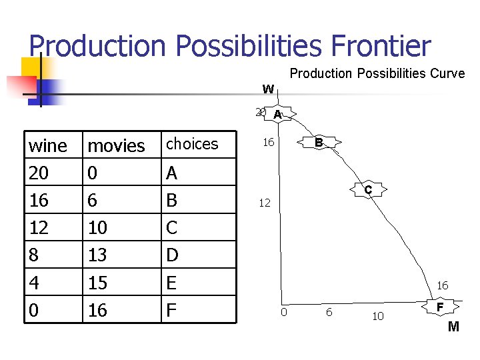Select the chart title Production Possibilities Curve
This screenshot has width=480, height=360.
click(377, 74)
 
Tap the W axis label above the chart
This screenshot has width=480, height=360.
click(268, 89)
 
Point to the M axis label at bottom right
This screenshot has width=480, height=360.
click(453, 327)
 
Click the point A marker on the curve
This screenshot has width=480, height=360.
click(277, 115)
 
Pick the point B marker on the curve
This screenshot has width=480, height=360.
click(319, 143)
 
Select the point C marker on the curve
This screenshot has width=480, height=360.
click(368, 191)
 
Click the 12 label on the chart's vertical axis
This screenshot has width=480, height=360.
click(265, 203)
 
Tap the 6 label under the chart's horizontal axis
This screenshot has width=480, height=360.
click(329, 313)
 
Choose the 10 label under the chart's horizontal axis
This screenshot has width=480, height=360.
click(377, 317)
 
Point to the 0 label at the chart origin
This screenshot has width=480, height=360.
click(283, 313)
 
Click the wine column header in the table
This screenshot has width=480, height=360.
click(47, 145)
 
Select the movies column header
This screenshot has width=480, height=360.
click(117, 145)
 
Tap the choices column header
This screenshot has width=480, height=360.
click(192, 143)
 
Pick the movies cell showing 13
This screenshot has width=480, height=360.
click(98, 255)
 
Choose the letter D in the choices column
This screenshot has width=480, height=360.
click(172, 255)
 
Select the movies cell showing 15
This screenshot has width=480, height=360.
click(98, 283)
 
